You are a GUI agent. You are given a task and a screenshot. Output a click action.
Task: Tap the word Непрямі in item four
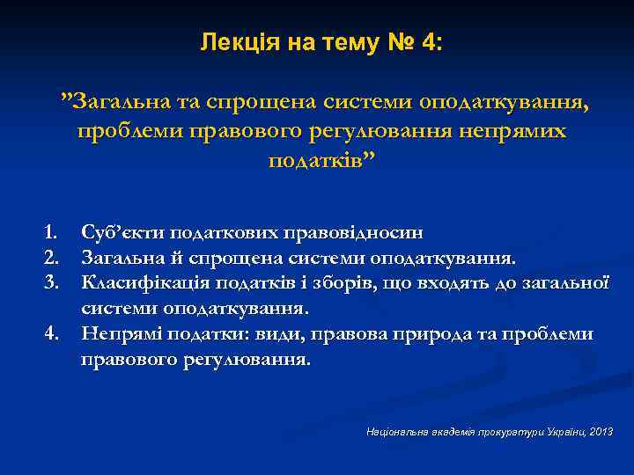point(118,334)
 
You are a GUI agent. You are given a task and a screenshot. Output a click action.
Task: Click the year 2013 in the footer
point(601,433)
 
